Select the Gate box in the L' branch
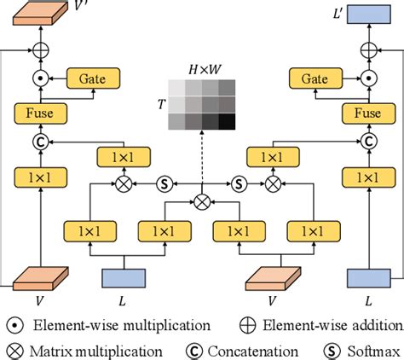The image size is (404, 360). coord(313,78)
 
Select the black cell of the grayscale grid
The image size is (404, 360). coord(226,123)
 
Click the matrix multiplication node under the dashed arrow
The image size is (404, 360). coord(202,201)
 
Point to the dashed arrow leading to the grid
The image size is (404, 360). coord(202,162)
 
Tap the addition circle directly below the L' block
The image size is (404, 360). coord(367,49)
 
